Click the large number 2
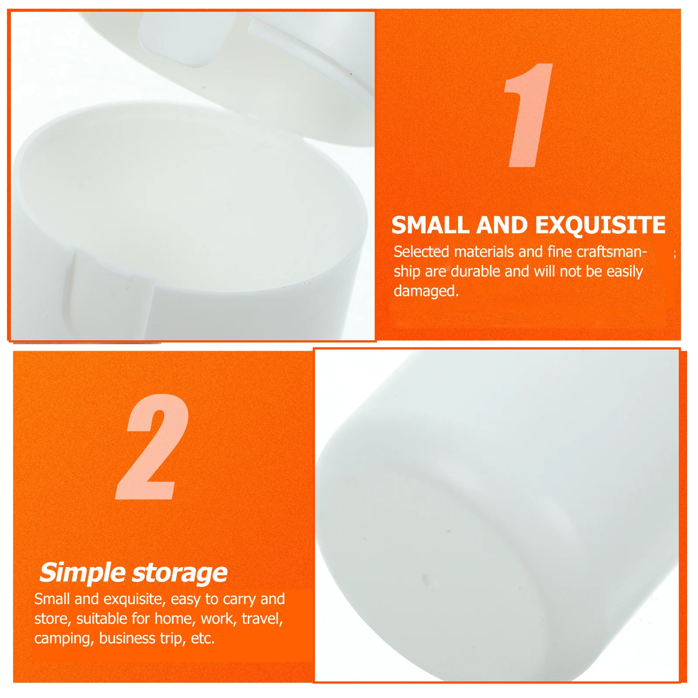[x=152, y=447]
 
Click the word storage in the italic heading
[x=180, y=573]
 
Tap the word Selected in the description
[x=421, y=252]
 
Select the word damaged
[x=425, y=291]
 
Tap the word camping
[x=64, y=639]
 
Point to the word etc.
[x=202, y=638]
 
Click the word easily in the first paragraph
[x=624, y=271]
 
